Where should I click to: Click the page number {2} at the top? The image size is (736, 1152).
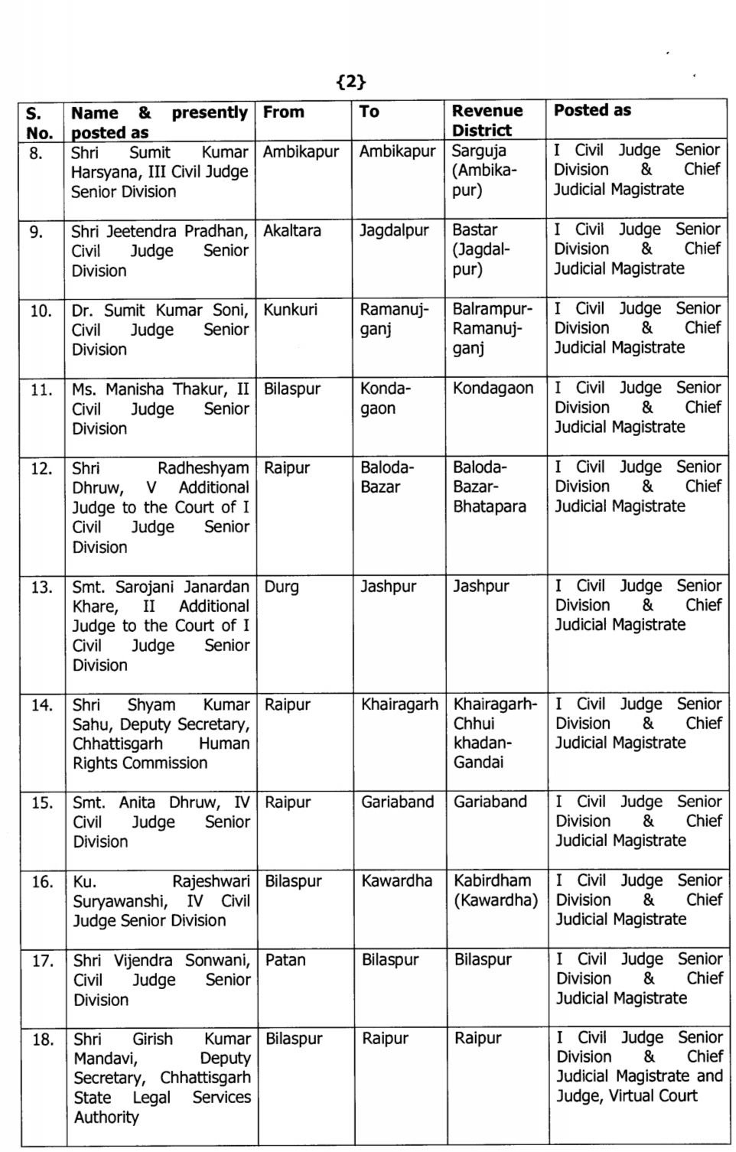(351, 82)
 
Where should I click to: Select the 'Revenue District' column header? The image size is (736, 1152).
(487, 121)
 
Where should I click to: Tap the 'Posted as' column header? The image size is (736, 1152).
(592, 110)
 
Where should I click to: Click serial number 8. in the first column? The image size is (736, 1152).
(36, 153)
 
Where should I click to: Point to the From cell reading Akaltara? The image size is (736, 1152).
(292, 231)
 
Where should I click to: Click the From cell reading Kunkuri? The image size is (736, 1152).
(290, 311)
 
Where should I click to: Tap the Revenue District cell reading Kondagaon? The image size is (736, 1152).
(493, 389)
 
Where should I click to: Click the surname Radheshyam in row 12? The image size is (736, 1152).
(203, 468)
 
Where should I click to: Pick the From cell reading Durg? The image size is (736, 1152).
(281, 587)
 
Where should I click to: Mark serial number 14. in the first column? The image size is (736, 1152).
(41, 705)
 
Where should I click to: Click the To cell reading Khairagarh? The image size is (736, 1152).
(399, 705)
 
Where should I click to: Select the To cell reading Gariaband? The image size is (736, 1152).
(397, 802)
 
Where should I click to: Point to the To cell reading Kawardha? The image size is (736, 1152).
(396, 881)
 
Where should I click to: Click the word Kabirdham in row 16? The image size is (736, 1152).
(492, 881)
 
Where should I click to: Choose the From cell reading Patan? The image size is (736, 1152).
(285, 960)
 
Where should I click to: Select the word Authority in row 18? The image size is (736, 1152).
(106, 1118)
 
